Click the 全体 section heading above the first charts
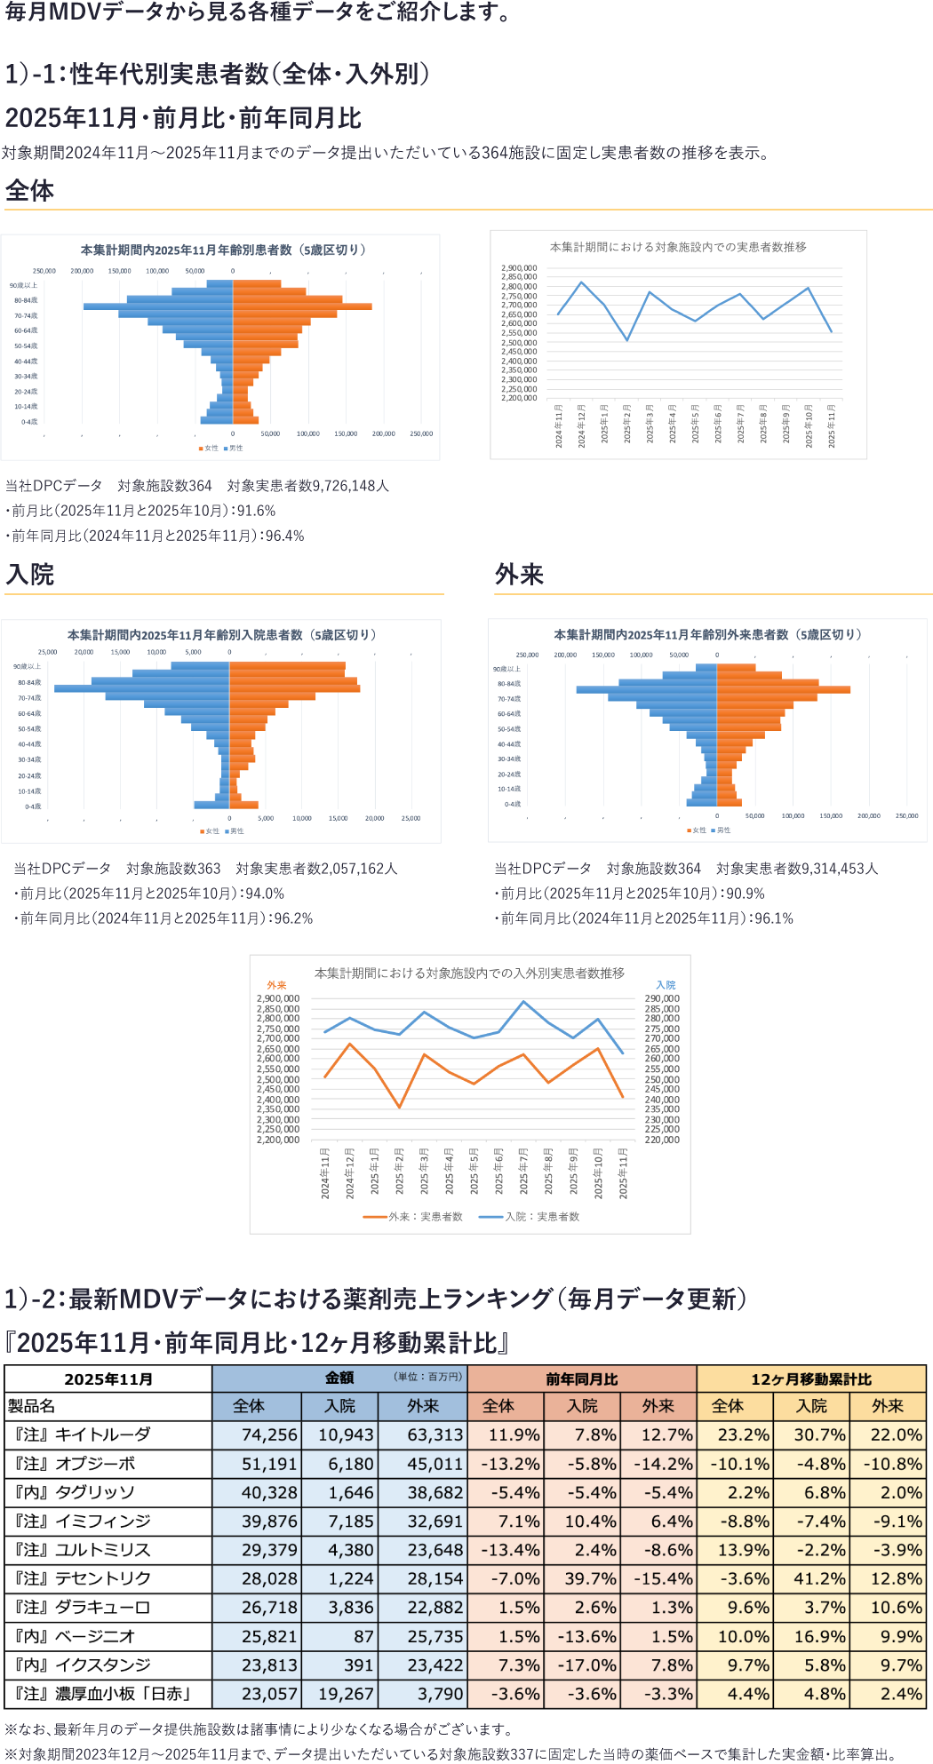click(x=29, y=191)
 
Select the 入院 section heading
click(x=30, y=575)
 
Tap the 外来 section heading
click(x=519, y=575)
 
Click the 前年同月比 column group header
click(x=581, y=1379)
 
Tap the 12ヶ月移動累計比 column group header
click(x=810, y=1379)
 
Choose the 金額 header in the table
click(x=339, y=1378)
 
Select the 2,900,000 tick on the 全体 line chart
click(x=519, y=267)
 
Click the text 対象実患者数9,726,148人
click(x=307, y=486)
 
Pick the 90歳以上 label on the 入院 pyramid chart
click(x=27, y=666)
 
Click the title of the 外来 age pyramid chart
click(x=707, y=634)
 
